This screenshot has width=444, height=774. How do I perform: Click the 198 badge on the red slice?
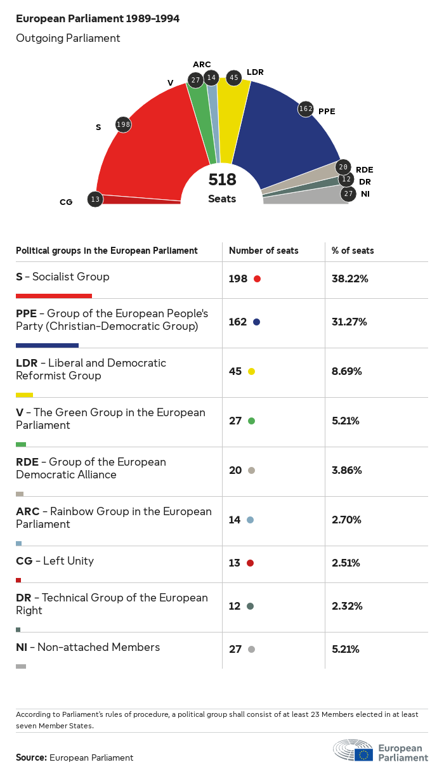click(x=123, y=124)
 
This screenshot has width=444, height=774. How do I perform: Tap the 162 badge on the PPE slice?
click(x=306, y=109)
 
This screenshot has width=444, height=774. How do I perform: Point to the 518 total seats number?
click(x=222, y=180)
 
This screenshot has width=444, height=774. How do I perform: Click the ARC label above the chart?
click(x=202, y=64)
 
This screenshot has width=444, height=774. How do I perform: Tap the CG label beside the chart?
click(x=66, y=202)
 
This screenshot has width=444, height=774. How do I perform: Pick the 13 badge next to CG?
click(x=95, y=199)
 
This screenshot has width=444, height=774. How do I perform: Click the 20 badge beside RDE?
click(x=343, y=167)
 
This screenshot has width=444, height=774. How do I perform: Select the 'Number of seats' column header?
click(x=263, y=251)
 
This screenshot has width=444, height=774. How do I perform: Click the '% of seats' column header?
click(x=353, y=251)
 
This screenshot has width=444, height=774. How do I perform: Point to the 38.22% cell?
click(x=349, y=279)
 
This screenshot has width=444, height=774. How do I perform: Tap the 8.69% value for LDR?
click(x=347, y=371)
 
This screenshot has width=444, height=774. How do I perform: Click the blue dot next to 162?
click(x=256, y=322)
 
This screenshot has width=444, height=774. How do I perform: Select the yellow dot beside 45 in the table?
click(x=251, y=372)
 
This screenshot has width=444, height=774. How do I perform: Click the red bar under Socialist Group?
click(x=54, y=296)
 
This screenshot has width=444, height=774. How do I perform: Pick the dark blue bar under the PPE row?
click(x=47, y=345)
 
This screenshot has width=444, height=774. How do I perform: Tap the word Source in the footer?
click(x=31, y=758)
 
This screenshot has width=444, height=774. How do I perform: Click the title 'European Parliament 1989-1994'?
click(x=98, y=19)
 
